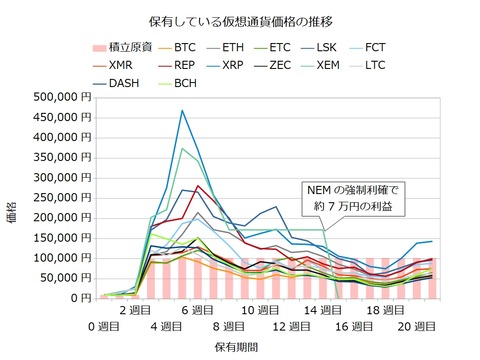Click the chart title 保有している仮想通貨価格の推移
pyautogui.click(x=240, y=20)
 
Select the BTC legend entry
pyautogui.click(x=184, y=46)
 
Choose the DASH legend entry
pyautogui.click(x=118, y=84)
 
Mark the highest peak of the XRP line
pyautogui.click(x=182, y=111)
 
